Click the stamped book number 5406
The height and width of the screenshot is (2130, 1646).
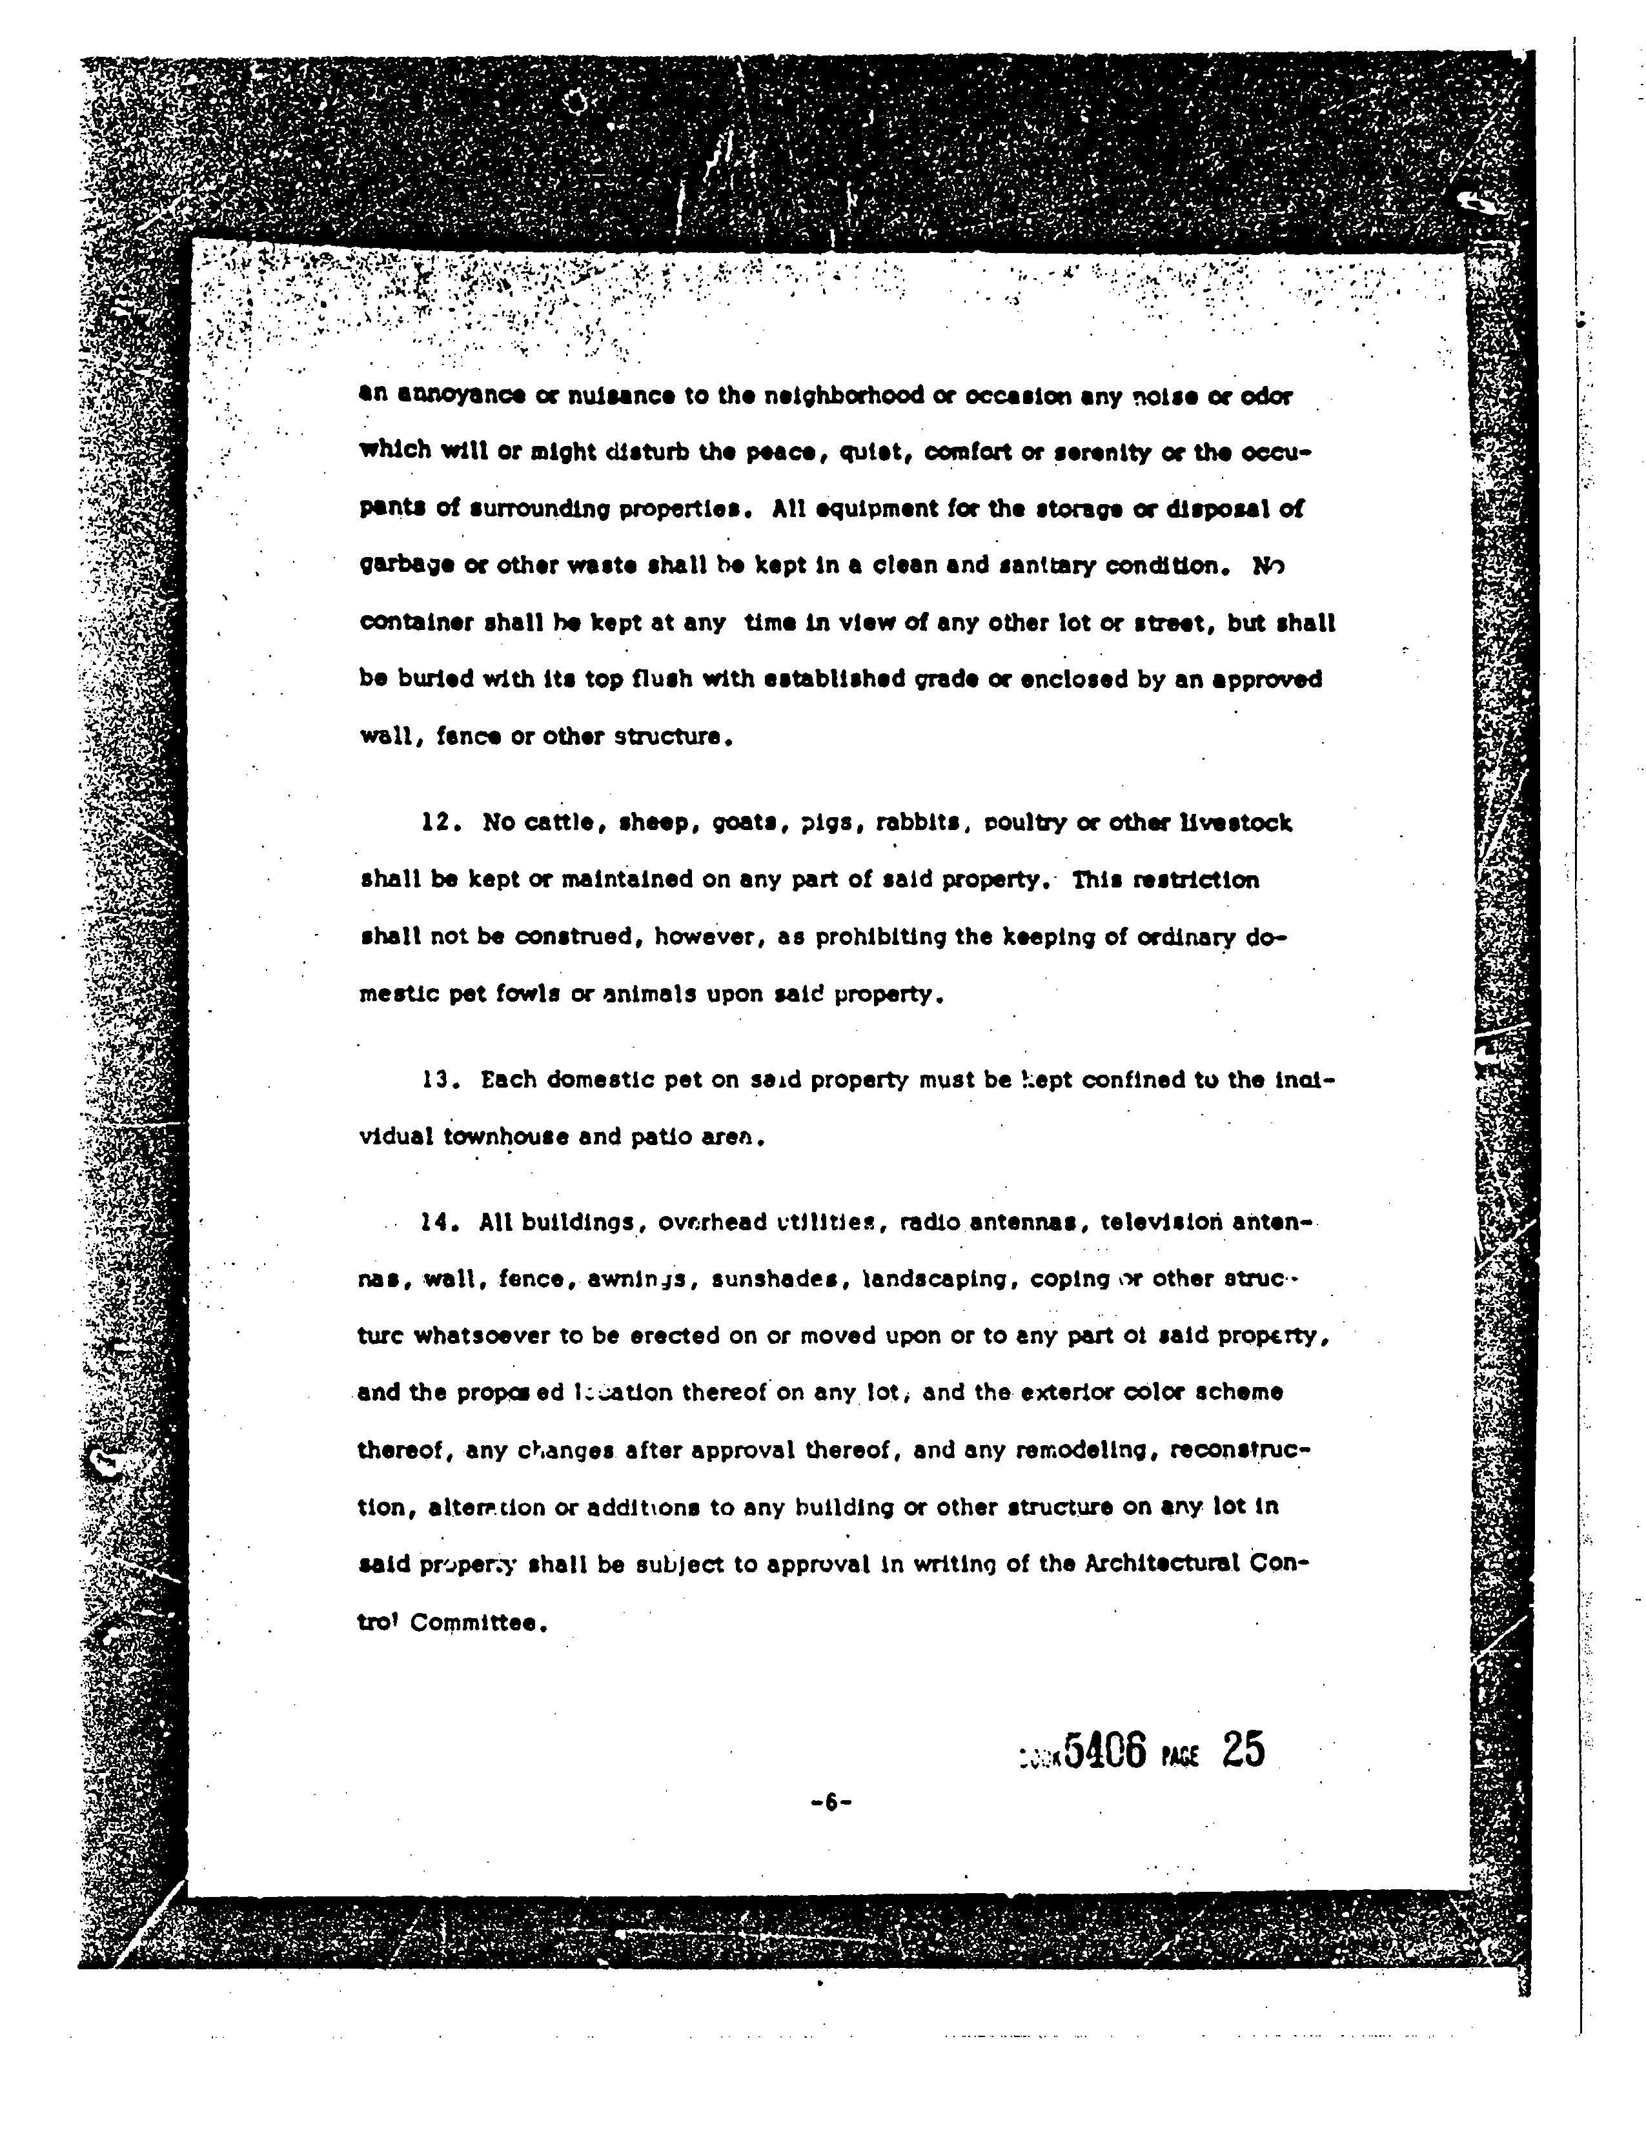click(1105, 1750)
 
